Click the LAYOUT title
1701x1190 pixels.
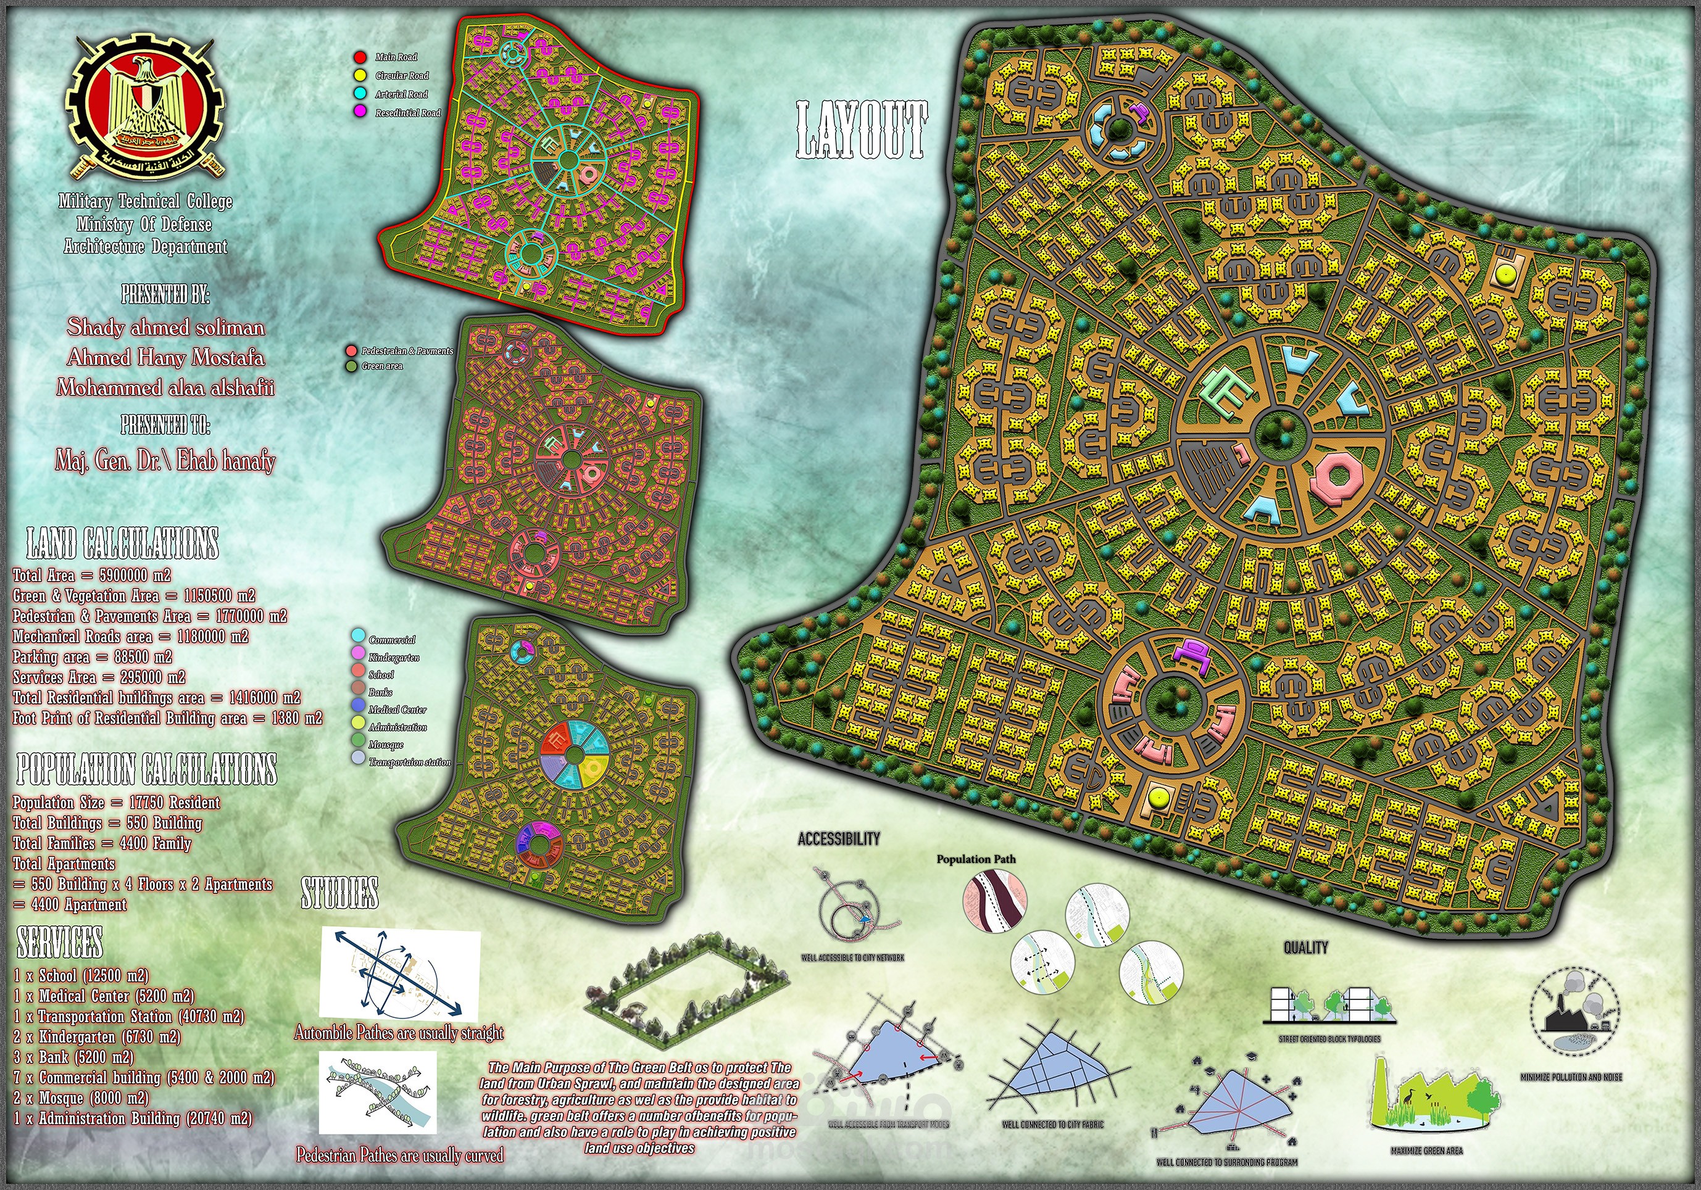click(x=861, y=131)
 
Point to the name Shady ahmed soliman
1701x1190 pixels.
click(x=166, y=328)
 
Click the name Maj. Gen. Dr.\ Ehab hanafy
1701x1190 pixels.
click(x=165, y=461)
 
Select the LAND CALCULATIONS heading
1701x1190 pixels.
click(x=123, y=543)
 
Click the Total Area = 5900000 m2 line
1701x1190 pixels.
click(x=92, y=576)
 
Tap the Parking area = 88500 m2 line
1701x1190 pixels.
click(x=92, y=657)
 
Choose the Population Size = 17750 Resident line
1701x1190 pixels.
click(x=116, y=803)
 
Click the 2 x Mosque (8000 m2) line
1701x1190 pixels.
click(x=81, y=1098)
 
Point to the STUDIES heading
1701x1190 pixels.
click(x=339, y=893)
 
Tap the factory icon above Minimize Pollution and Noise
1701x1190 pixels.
click(x=1574, y=1012)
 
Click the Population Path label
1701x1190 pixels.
click(x=976, y=859)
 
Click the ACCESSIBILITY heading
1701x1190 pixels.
click(x=839, y=838)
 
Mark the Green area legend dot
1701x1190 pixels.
click(x=351, y=366)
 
